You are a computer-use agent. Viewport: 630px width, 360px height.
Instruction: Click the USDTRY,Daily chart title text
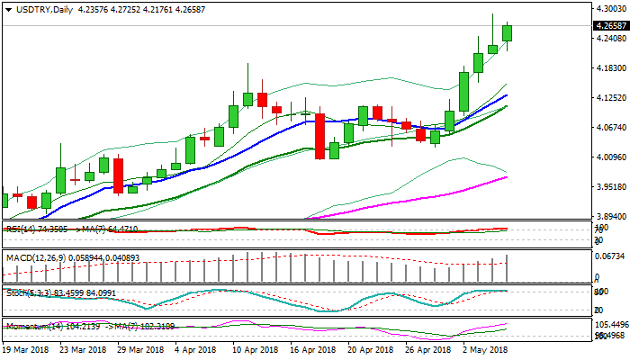click(36, 9)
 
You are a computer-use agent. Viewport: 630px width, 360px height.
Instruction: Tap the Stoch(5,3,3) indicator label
click(27, 292)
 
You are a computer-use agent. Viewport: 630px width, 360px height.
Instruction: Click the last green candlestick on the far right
click(507, 32)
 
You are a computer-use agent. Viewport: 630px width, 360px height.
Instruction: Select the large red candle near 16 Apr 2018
click(319, 135)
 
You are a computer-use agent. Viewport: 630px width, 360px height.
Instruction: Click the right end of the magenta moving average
click(507, 176)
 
